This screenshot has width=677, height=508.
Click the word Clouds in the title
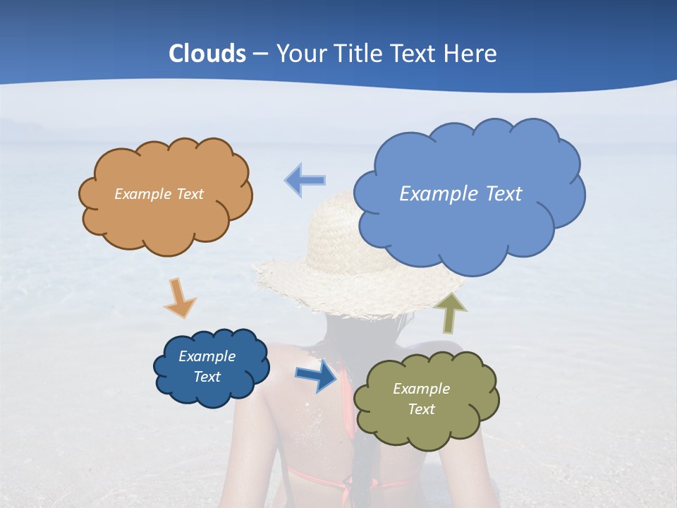pos(207,54)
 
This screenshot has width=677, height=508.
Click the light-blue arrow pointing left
pos(305,180)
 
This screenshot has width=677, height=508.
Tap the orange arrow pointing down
pos(180,298)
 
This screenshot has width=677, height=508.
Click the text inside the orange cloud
pos(159,194)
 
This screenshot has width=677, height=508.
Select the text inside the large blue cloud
pos(461,194)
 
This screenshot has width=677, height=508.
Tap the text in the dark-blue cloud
pos(207,366)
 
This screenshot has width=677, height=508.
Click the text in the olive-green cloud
pos(421,399)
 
